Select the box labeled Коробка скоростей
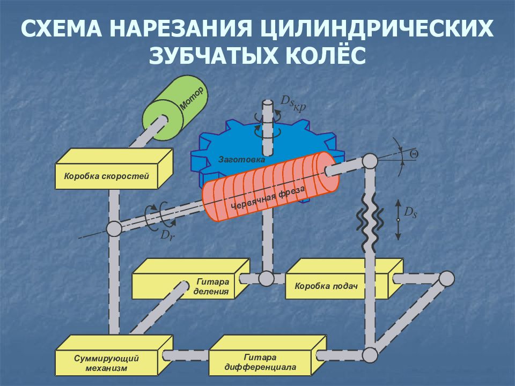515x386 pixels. tap(114, 169)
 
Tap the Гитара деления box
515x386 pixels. tap(191, 279)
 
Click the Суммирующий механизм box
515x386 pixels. tap(114, 355)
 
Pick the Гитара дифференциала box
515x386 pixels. tap(268, 355)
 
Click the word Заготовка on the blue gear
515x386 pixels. tap(241, 160)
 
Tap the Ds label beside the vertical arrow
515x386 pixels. tap(410, 212)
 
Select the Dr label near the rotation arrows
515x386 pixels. tap(167, 235)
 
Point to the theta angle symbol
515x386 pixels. tap(414, 154)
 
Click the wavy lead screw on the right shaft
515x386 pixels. tap(370, 221)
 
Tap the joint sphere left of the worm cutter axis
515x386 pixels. tap(114, 228)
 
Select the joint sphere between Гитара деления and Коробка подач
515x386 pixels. tap(266, 279)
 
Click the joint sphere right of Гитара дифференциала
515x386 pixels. tap(370, 355)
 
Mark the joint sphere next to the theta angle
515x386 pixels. tap(370, 161)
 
